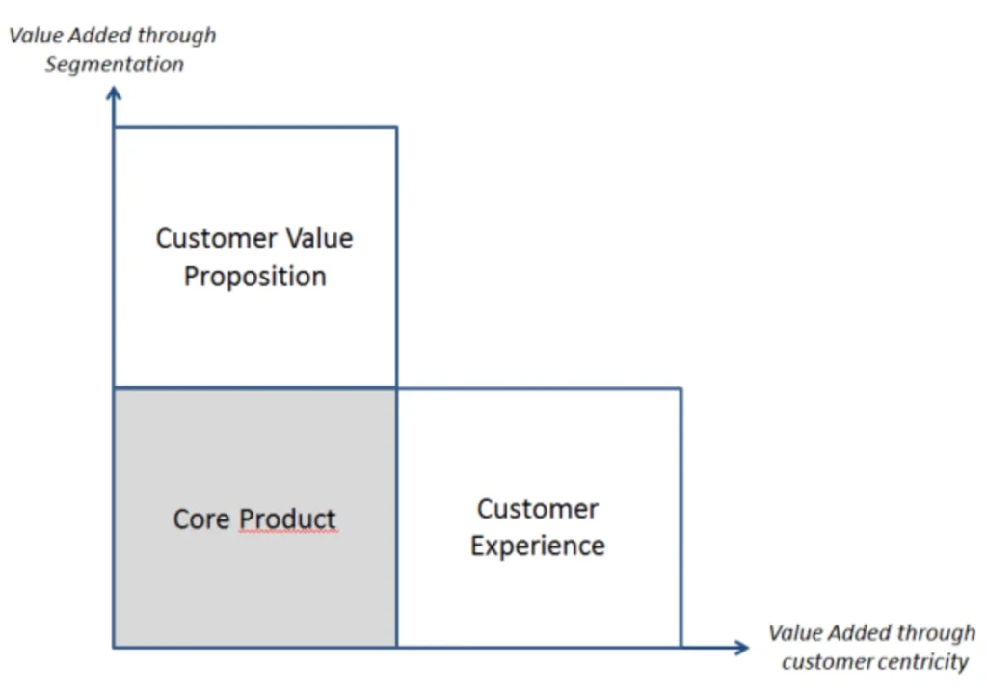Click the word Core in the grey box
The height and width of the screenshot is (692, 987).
(201, 519)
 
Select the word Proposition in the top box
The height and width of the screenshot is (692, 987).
(254, 277)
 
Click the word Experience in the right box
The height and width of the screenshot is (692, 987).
(537, 546)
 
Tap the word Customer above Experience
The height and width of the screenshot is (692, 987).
(537, 509)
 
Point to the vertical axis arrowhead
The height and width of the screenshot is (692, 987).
(114, 93)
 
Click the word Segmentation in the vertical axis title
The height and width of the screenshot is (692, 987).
(114, 65)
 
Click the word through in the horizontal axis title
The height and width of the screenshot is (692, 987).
(939, 633)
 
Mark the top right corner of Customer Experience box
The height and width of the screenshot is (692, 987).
(681, 389)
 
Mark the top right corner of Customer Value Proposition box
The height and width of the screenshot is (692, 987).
(396, 127)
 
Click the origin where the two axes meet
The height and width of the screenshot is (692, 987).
(114, 648)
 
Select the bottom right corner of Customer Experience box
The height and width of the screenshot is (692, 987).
(681, 648)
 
